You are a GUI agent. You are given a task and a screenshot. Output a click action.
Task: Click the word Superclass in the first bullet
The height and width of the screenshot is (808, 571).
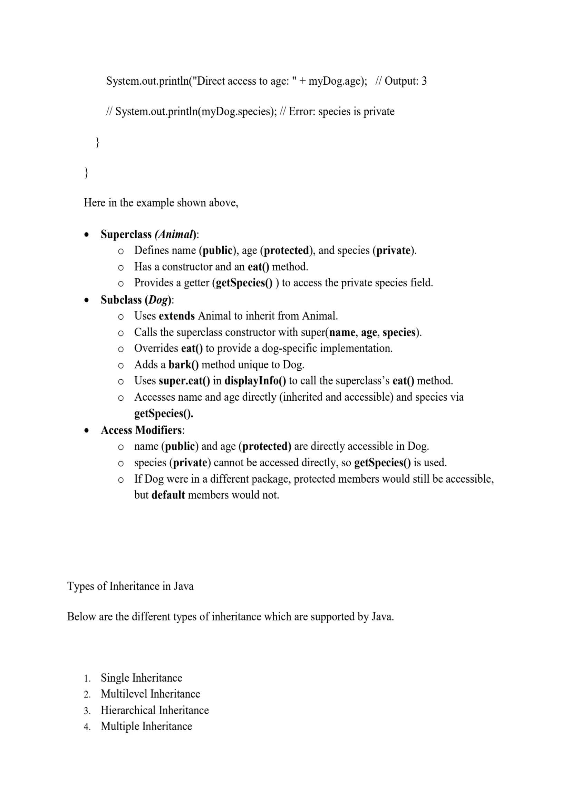click(x=126, y=234)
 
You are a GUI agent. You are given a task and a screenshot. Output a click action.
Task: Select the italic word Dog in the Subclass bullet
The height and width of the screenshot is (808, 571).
click(x=158, y=300)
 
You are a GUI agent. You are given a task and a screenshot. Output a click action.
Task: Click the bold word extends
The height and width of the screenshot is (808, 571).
click(x=176, y=316)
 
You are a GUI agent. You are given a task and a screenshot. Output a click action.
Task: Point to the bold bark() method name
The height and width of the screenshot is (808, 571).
click(x=184, y=364)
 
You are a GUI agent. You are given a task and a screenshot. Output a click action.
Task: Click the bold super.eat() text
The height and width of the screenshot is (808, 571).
click(x=184, y=381)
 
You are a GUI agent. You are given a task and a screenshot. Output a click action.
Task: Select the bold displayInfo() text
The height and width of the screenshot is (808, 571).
click(x=255, y=381)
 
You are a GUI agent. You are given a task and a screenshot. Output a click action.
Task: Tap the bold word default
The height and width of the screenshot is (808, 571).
click(x=168, y=495)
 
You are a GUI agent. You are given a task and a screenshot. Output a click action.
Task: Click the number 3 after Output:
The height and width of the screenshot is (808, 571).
click(x=424, y=81)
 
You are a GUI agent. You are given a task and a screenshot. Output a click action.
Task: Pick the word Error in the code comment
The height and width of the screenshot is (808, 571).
click(x=302, y=112)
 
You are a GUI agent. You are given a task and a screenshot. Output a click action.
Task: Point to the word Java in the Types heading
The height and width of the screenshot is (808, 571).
click(x=184, y=586)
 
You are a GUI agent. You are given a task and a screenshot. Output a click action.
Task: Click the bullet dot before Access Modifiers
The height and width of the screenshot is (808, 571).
click(x=87, y=430)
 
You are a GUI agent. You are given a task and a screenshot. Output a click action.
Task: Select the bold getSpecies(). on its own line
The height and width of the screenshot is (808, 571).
click(x=164, y=413)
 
